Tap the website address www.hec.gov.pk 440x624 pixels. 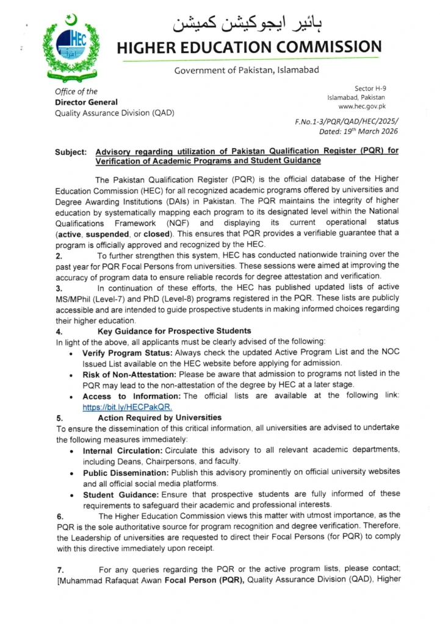pyautogui.click(x=357, y=106)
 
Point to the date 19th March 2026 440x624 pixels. pyautogui.click(x=352, y=131)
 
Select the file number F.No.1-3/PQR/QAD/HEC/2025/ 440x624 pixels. pyautogui.click(x=341, y=122)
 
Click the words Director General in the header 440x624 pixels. pyautogui.click(x=87, y=102)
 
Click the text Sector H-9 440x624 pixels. pyautogui.click(x=370, y=89)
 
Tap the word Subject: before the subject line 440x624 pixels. pyautogui.click(x=72, y=152)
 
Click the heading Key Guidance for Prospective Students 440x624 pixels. pyautogui.click(x=174, y=331)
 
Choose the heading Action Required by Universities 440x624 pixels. pyautogui.click(x=159, y=418)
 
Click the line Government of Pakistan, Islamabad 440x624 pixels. pyautogui.click(x=247, y=70)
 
